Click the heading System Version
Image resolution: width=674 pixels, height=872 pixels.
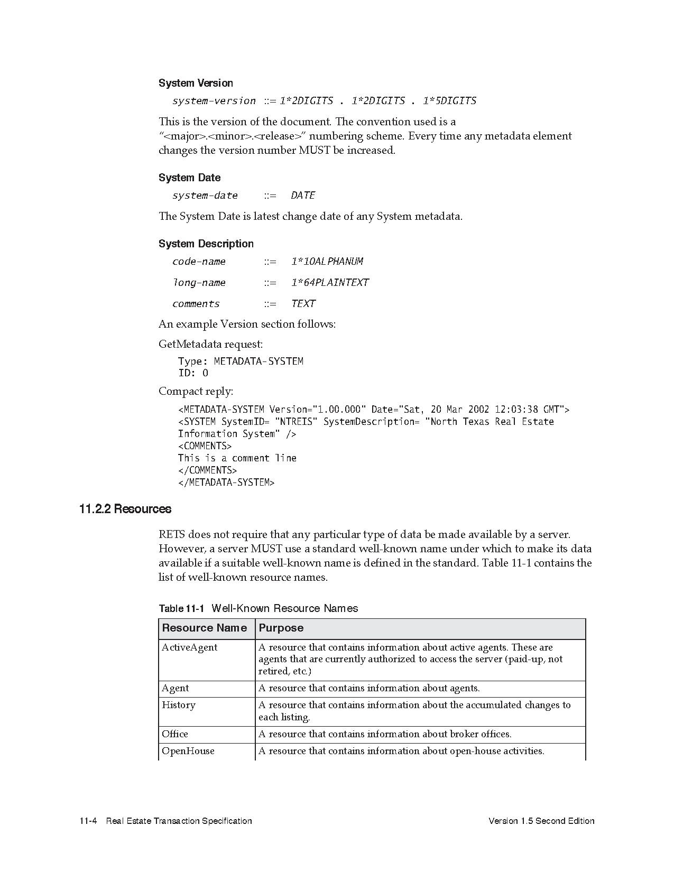[x=196, y=83]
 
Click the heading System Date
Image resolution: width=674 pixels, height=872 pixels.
[x=189, y=178]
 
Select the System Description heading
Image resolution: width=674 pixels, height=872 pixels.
[x=206, y=244]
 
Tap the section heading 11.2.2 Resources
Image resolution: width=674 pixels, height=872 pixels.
[x=125, y=509]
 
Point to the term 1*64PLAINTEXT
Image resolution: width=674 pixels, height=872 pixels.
[x=330, y=283]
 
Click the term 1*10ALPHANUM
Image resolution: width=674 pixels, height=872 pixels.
[x=327, y=262]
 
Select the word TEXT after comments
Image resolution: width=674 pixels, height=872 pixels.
[x=303, y=304]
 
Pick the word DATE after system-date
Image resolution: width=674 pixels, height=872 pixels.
[x=303, y=196]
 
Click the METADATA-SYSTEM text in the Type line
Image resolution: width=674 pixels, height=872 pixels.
[x=258, y=361]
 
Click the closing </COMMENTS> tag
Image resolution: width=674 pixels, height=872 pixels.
[x=207, y=470]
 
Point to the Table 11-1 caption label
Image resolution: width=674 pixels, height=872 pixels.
[x=181, y=608]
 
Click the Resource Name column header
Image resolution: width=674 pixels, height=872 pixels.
[x=204, y=628]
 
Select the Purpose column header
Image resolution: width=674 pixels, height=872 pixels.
[x=281, y=628]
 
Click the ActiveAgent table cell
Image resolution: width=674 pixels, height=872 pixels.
[x=189, y=647]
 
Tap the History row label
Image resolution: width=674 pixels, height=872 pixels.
[x=179, y=705]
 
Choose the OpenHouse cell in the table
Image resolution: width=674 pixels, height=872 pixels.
[x=188, y=751]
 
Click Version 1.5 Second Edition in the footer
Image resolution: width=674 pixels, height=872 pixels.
[x=541, y=821]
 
